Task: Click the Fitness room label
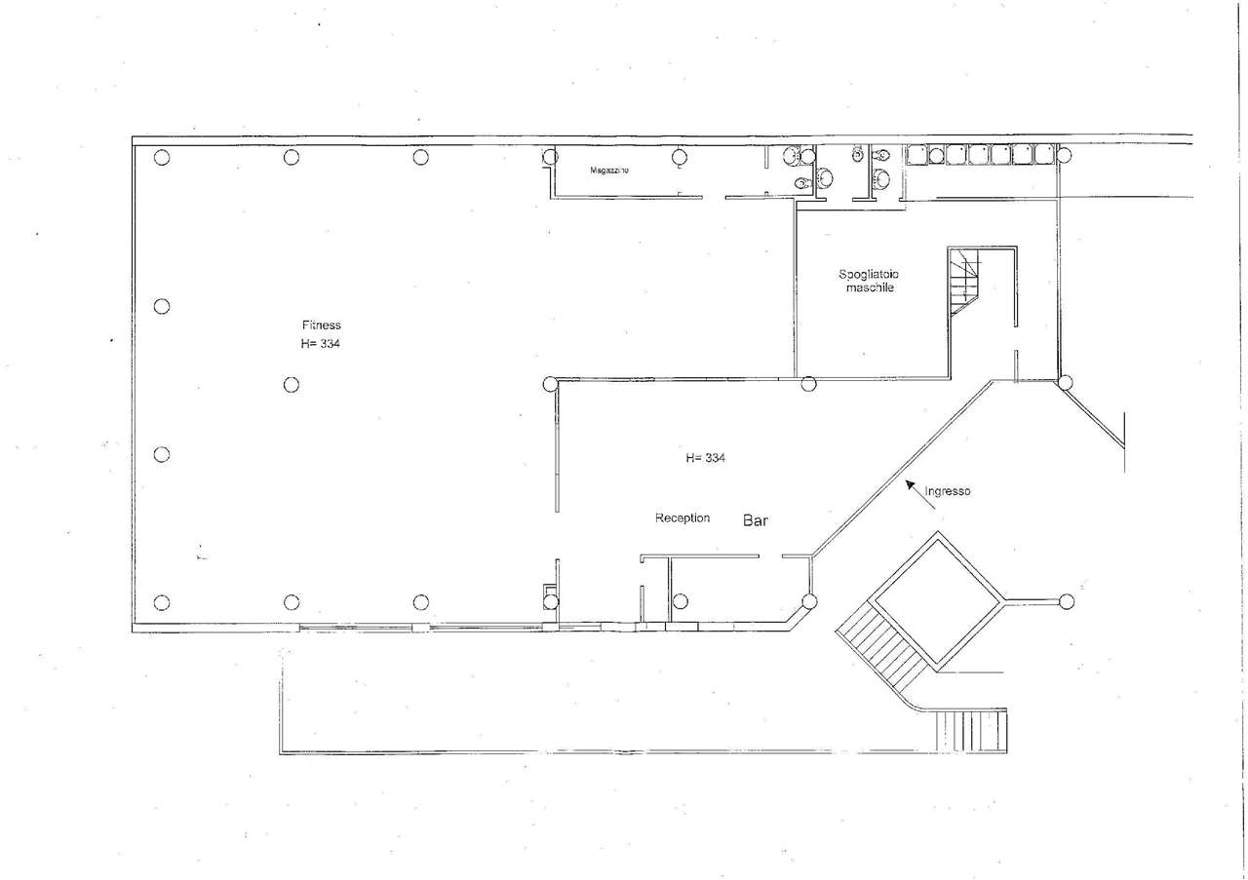point(322,325)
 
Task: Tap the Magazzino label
point(609,170)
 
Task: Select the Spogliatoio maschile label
point(869,281)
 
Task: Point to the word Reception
point(682,518)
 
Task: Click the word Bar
point(756,520)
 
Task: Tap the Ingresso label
point(948,491)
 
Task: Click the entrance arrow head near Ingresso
point(910,484)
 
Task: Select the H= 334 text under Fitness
point(321,344)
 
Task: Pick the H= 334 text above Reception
point(705,458)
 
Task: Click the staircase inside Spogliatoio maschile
point(964,282)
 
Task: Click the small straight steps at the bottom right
point(971,730)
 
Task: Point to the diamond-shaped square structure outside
point(938,601)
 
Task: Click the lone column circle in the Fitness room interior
point(292,385)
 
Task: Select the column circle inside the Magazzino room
point(680,157)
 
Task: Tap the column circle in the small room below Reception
point(681,601)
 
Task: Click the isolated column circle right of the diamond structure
point(1067,601)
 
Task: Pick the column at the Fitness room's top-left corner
point(162,158)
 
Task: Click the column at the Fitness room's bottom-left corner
point(162,602)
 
